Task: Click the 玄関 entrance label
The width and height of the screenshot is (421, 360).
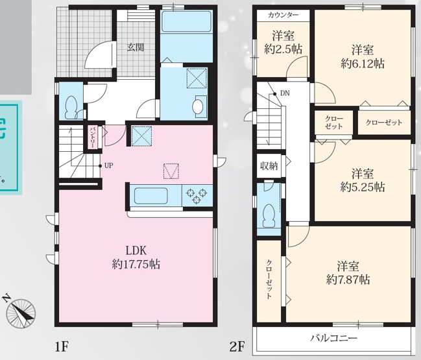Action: [x=136, y=47]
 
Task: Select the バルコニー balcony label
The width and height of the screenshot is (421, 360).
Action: [x=333, y=339]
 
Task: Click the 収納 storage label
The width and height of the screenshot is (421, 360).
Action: [x=269, y=165]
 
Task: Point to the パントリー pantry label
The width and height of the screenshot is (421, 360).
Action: [x=93, y=138]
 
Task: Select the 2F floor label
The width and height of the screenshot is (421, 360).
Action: [x=236, y=345]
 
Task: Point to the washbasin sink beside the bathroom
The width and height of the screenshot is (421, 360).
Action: [x=198, y=106]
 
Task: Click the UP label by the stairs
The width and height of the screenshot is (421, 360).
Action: [x=108, y=165]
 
